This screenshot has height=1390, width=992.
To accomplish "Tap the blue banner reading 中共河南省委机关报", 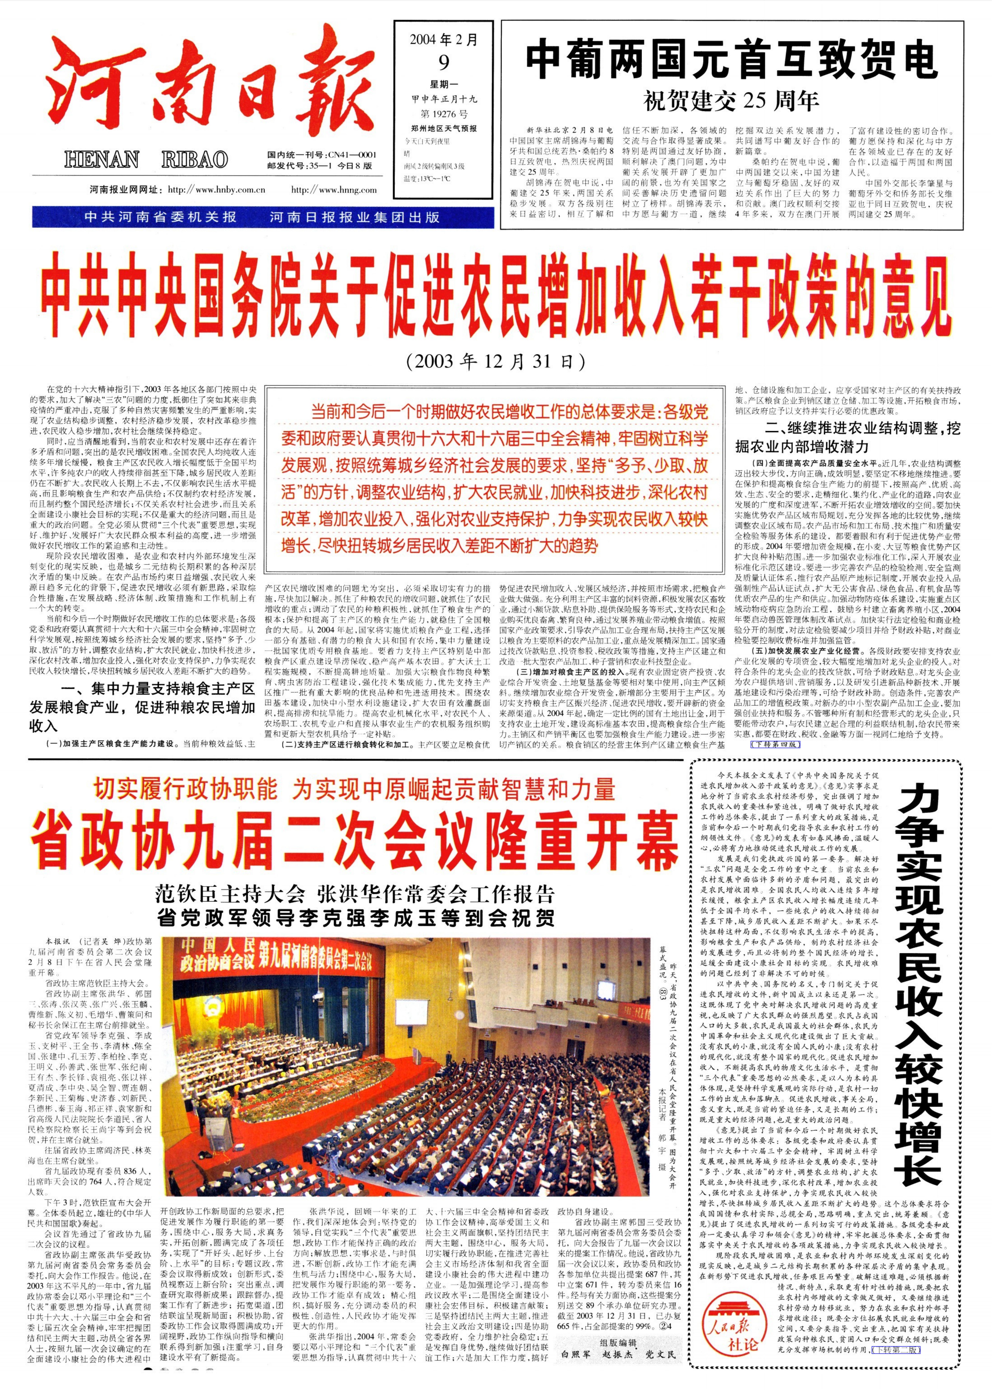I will coord(160,217).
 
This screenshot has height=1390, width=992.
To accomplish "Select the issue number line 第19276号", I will coord(443,114).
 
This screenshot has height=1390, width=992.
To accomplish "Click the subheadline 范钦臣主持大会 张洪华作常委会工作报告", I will coord(354,895).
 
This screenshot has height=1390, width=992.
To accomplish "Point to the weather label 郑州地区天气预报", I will coord(443,128).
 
